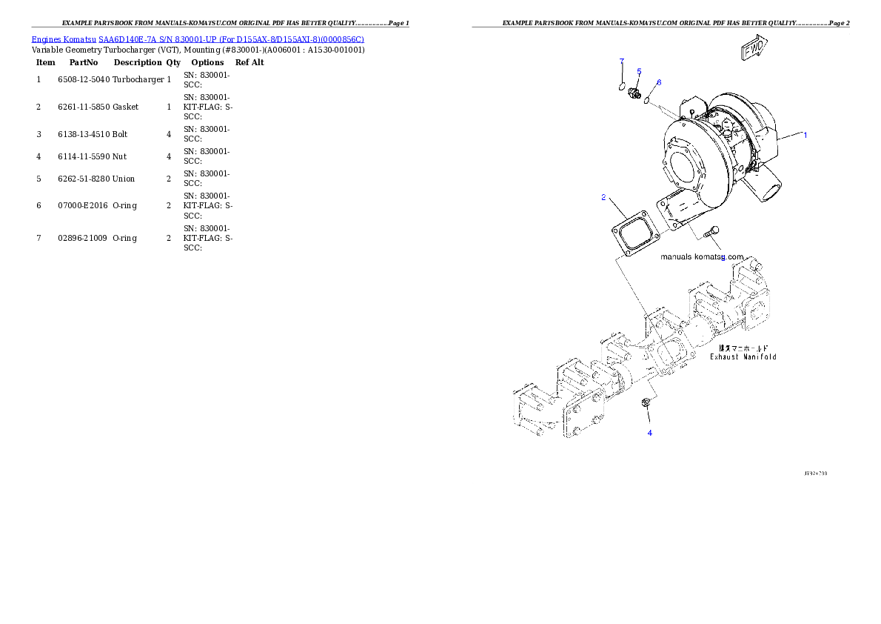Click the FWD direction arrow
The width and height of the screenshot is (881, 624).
[754, 49]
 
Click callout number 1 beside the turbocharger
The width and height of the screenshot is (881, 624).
[805, 135]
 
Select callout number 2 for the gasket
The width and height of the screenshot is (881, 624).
[603, 197]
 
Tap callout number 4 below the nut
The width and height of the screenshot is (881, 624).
[650, 433]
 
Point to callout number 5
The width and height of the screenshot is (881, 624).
[639, 71]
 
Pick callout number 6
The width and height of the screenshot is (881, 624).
[659, 82]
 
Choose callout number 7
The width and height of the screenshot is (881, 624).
[622, 60]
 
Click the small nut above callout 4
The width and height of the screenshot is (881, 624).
[646, 402]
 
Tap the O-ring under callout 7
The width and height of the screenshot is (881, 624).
[622, 87]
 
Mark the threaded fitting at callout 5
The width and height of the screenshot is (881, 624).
[634, 94]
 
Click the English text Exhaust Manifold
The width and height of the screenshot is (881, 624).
[743, 357]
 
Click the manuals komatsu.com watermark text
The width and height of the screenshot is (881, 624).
[702, 256]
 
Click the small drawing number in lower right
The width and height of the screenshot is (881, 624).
[815, 473]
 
